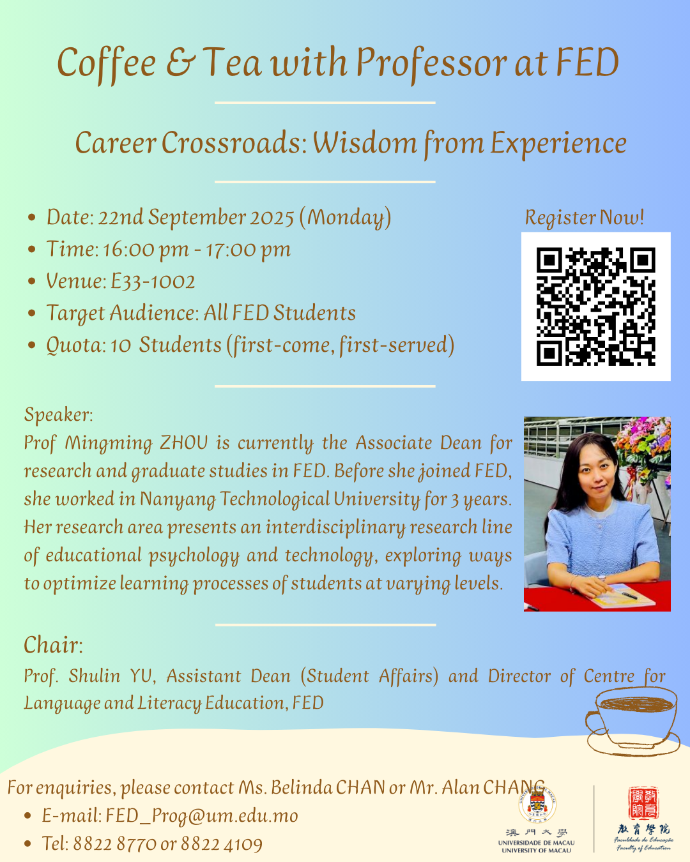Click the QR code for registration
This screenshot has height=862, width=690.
595,306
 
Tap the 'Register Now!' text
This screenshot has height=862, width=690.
585,217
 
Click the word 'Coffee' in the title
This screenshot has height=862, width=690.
107,63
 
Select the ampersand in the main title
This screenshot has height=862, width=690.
181,62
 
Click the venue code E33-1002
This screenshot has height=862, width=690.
153,281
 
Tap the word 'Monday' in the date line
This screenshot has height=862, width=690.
345,218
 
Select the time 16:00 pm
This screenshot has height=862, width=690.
146,250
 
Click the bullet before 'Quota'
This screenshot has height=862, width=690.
32,345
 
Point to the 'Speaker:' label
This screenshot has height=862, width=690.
59,414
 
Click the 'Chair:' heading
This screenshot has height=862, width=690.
53,646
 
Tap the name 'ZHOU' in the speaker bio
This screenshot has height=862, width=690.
184,442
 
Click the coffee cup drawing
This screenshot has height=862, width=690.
632,721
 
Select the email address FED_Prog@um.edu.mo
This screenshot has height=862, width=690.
202,816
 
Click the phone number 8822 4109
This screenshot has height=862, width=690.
222,844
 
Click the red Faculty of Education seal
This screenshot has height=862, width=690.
644,803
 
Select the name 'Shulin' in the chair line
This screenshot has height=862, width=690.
94,676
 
